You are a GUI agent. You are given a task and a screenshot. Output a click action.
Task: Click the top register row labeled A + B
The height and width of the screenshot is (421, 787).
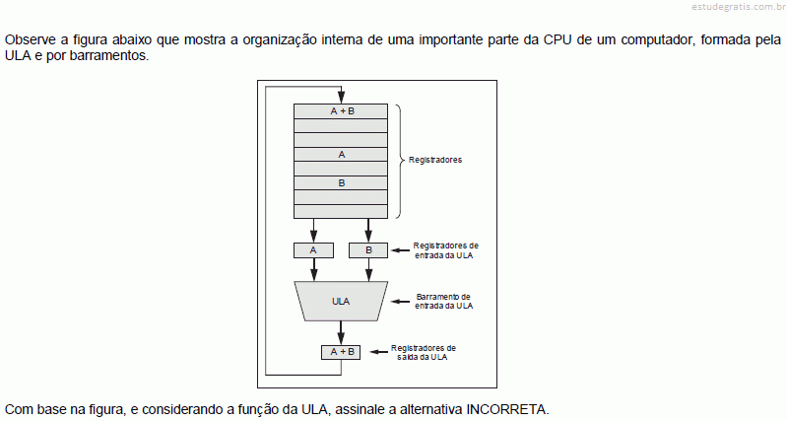click(x=341, y=111)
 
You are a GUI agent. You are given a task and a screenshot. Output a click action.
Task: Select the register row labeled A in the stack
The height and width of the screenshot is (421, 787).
click(x=341, y=154)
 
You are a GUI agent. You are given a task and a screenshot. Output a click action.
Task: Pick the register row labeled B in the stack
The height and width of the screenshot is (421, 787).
click(x=341, y=182)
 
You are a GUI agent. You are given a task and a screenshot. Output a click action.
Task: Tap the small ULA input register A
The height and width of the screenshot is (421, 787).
click(x=313, y=250)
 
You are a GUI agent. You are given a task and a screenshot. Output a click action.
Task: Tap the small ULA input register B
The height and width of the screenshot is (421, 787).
click(x=368, y=250)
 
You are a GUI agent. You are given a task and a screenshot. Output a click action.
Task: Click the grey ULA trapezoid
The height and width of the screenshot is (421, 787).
click(x=341, y=301)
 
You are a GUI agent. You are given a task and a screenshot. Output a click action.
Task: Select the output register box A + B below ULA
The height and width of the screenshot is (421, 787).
click(x=341, y=352)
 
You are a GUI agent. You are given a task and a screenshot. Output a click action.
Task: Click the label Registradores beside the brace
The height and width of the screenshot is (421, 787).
click(x=435, y=160)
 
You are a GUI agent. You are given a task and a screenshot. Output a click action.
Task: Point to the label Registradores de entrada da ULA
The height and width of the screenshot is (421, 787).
click(x=445, y=250)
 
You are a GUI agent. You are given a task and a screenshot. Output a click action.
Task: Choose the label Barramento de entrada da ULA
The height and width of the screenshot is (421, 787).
click(x=443, y=301)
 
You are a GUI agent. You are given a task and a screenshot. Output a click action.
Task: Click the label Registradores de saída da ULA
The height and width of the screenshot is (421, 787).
click(x=424, y=352)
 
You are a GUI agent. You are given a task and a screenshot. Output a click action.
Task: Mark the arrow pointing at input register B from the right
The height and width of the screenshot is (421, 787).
click(x=400, y=250)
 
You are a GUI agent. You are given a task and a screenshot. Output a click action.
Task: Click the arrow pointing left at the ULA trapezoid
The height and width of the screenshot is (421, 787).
click(x=400, y=302)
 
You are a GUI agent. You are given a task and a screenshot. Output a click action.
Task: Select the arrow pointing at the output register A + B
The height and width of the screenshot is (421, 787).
click(x=379, y=352)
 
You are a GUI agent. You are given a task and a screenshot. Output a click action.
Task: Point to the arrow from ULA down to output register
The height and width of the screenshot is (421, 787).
click(x=341, y=332)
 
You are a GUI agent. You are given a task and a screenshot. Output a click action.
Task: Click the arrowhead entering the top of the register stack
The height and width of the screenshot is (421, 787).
click(x=342, y=99)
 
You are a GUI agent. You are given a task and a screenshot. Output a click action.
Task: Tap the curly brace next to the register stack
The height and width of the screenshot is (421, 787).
click(x=400, y=162)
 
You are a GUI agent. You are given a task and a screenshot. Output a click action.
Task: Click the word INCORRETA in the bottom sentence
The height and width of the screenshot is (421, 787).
click(x=506, y=409)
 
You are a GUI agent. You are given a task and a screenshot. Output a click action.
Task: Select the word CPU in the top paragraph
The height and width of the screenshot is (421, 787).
click(x=557, y=39)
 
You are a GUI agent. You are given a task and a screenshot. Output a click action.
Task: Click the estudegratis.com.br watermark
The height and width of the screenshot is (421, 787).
click(x=739, y=7)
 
